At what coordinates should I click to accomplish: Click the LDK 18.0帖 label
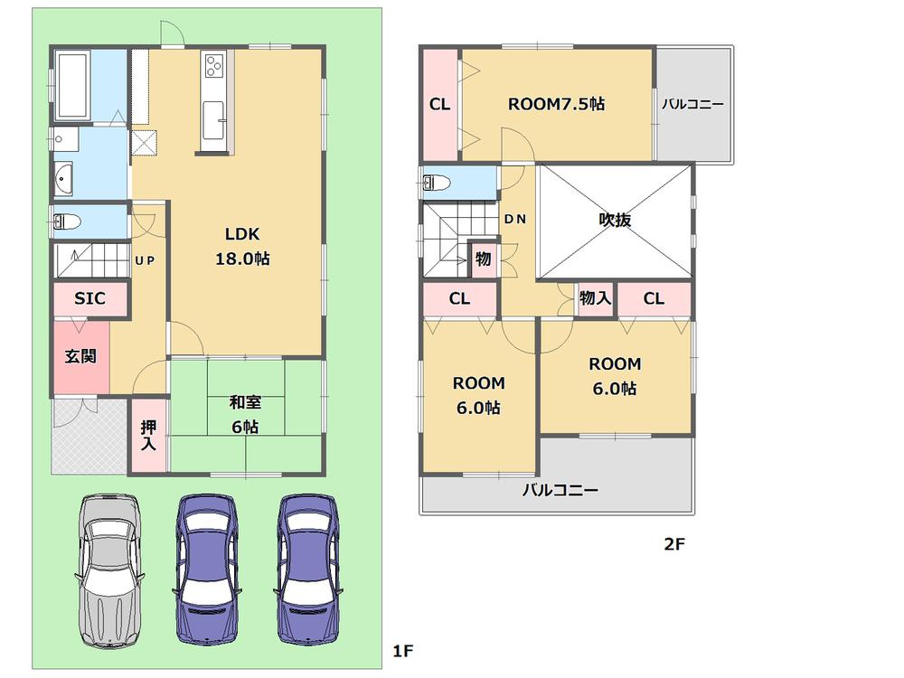tap(242, 245)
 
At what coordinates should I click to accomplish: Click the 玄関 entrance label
tap(80, 356)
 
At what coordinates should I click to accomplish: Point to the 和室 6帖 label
tap(244, 415)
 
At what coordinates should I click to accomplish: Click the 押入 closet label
tap(149, 436)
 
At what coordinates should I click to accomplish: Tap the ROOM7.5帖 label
tap(556, 104)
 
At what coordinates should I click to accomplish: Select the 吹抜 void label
tap(615, 220)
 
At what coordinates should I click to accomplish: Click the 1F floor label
tap(402, 650)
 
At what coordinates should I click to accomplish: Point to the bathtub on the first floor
tap(72, 85)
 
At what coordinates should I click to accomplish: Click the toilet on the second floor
tap(436, 184)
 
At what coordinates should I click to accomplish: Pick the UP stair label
tap(145, 260)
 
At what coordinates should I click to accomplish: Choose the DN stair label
tap(515, 219)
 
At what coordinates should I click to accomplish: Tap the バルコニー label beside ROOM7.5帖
tap(692, 104)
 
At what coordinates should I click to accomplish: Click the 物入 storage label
tap(595, 297)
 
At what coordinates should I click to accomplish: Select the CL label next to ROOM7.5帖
tap(439, 105)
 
